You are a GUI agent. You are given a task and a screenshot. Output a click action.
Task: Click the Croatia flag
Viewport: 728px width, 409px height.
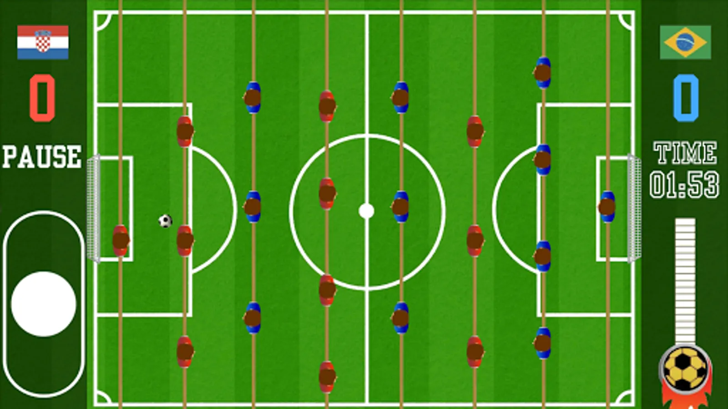(43, 42)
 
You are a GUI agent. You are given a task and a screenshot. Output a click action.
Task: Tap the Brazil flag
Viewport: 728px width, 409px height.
(685, 42)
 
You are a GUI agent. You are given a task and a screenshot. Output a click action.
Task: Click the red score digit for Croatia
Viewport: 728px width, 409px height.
(42, 98)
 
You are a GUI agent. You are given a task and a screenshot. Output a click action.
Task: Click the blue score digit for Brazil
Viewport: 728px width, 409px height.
(686, 98)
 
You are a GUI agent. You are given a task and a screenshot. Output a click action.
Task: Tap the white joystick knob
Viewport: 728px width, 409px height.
(44, 304)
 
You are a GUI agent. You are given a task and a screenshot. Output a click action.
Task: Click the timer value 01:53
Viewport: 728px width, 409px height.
(684, 185)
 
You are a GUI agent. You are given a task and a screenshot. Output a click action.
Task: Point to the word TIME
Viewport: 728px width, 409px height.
(685, 153)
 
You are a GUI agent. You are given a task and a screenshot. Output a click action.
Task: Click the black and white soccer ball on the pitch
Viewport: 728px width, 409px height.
(165, 221)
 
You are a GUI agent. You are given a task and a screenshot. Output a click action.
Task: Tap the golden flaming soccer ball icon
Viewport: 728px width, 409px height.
(685, 369)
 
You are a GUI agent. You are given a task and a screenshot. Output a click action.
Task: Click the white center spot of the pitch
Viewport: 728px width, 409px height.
(366, 211)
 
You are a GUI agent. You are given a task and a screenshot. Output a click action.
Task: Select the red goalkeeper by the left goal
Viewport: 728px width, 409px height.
(121, 240)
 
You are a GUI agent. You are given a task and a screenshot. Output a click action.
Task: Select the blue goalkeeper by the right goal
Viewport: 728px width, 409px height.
(607, 207)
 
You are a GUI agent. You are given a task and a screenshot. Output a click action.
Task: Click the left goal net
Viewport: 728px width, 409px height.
(93, 209)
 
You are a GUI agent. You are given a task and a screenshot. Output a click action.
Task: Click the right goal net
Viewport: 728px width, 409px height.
(634, 209)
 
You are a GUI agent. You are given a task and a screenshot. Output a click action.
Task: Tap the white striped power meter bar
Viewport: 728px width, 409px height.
(685, 279)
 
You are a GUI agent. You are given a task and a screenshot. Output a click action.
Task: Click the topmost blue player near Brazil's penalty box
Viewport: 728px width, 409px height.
(542, 72)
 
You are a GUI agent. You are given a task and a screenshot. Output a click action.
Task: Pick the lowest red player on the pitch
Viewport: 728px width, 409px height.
(327, 376)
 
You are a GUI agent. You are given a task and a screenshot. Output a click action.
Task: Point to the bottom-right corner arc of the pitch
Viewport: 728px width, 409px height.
(625, 397)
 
